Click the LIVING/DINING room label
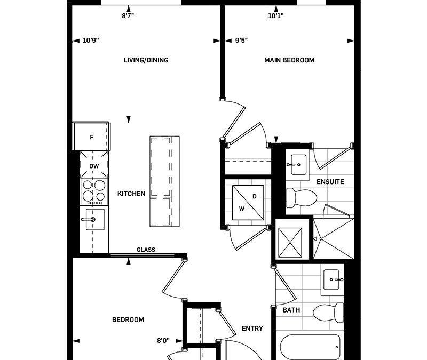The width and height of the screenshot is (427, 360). pyautogui.click(x=146, y=60)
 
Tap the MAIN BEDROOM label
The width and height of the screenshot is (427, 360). pyautogui.click(x=289, y=60)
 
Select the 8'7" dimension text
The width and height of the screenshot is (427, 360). pyautogui.click(x=128, y=16)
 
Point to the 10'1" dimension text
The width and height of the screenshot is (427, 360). pyautogui.click(x=276, y=16)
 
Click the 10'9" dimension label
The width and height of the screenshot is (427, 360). pyautogui.click(x=91, y=41)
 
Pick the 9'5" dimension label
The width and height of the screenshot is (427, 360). pyautogui.click(x=241, y=41)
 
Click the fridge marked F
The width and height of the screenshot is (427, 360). pyautogui.click(x=91, y=137)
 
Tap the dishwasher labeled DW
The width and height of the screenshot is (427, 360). pyautogui.click(x=94, y=164)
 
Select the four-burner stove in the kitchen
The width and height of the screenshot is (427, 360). pyautogui.click(x=94, y=192)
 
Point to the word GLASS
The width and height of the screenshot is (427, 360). pyautogui.click(x=146, y=250)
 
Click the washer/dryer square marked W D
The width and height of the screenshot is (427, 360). pyautogui.click(x=248, y=203)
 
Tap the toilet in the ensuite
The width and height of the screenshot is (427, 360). pyautogui.click(x=302, y=197)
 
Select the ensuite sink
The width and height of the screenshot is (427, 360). pyautogui.click(x=298, y=165)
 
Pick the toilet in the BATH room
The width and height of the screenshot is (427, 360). pyautogui.click(x=328, y=313)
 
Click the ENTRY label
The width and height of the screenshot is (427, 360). pyautogui.click(x=252, y=329)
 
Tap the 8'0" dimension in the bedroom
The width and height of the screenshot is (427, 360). pyautogui.click(x=163, y=340)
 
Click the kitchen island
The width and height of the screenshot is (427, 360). pyautogui.click(x=164, y=181)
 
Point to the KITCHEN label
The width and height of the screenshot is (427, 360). pyautogui.click(x=131, y=194)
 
